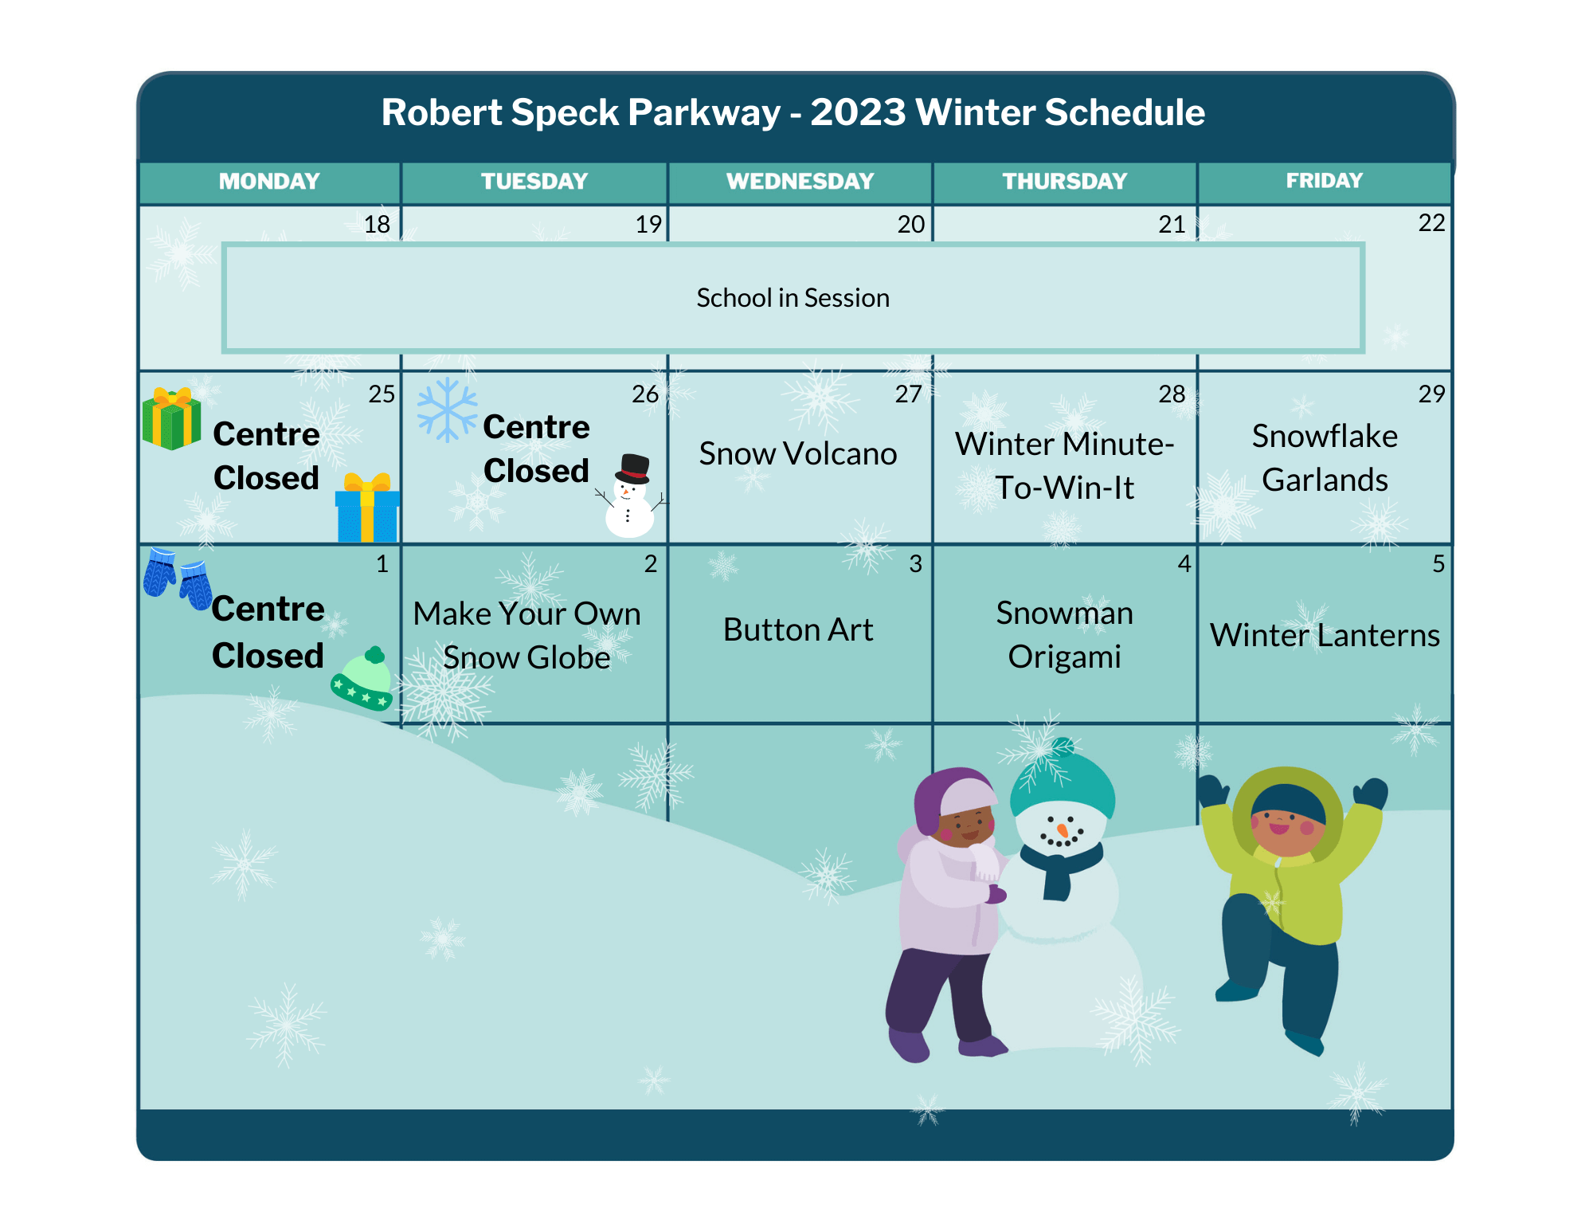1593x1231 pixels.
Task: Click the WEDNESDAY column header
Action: click(800, 182)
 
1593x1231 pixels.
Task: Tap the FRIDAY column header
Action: click(1324, 181)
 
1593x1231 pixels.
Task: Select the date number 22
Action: click(1431, 223)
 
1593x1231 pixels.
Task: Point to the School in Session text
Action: click(793, 298)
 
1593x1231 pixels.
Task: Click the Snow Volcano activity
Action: click(798, 453)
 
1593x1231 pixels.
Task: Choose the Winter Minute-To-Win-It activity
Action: click(1065, 465)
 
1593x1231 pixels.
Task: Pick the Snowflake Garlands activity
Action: click(1325, 458)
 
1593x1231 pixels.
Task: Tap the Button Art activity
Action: click(798, 629)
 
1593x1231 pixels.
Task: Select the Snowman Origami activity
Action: click(1064, 635)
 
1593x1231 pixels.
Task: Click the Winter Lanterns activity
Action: click(1325, 635)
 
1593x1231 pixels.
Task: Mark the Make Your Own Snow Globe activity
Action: click(526, 636)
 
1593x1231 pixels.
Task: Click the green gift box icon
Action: click(171, 418)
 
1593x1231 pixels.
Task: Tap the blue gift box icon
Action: click(367, 508)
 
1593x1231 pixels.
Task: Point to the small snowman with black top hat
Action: click(631, 496)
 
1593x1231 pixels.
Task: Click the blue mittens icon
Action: click(178, 578)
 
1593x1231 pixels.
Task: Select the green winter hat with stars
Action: click(362, 678)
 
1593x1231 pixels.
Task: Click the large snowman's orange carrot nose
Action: click(1062, 831)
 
